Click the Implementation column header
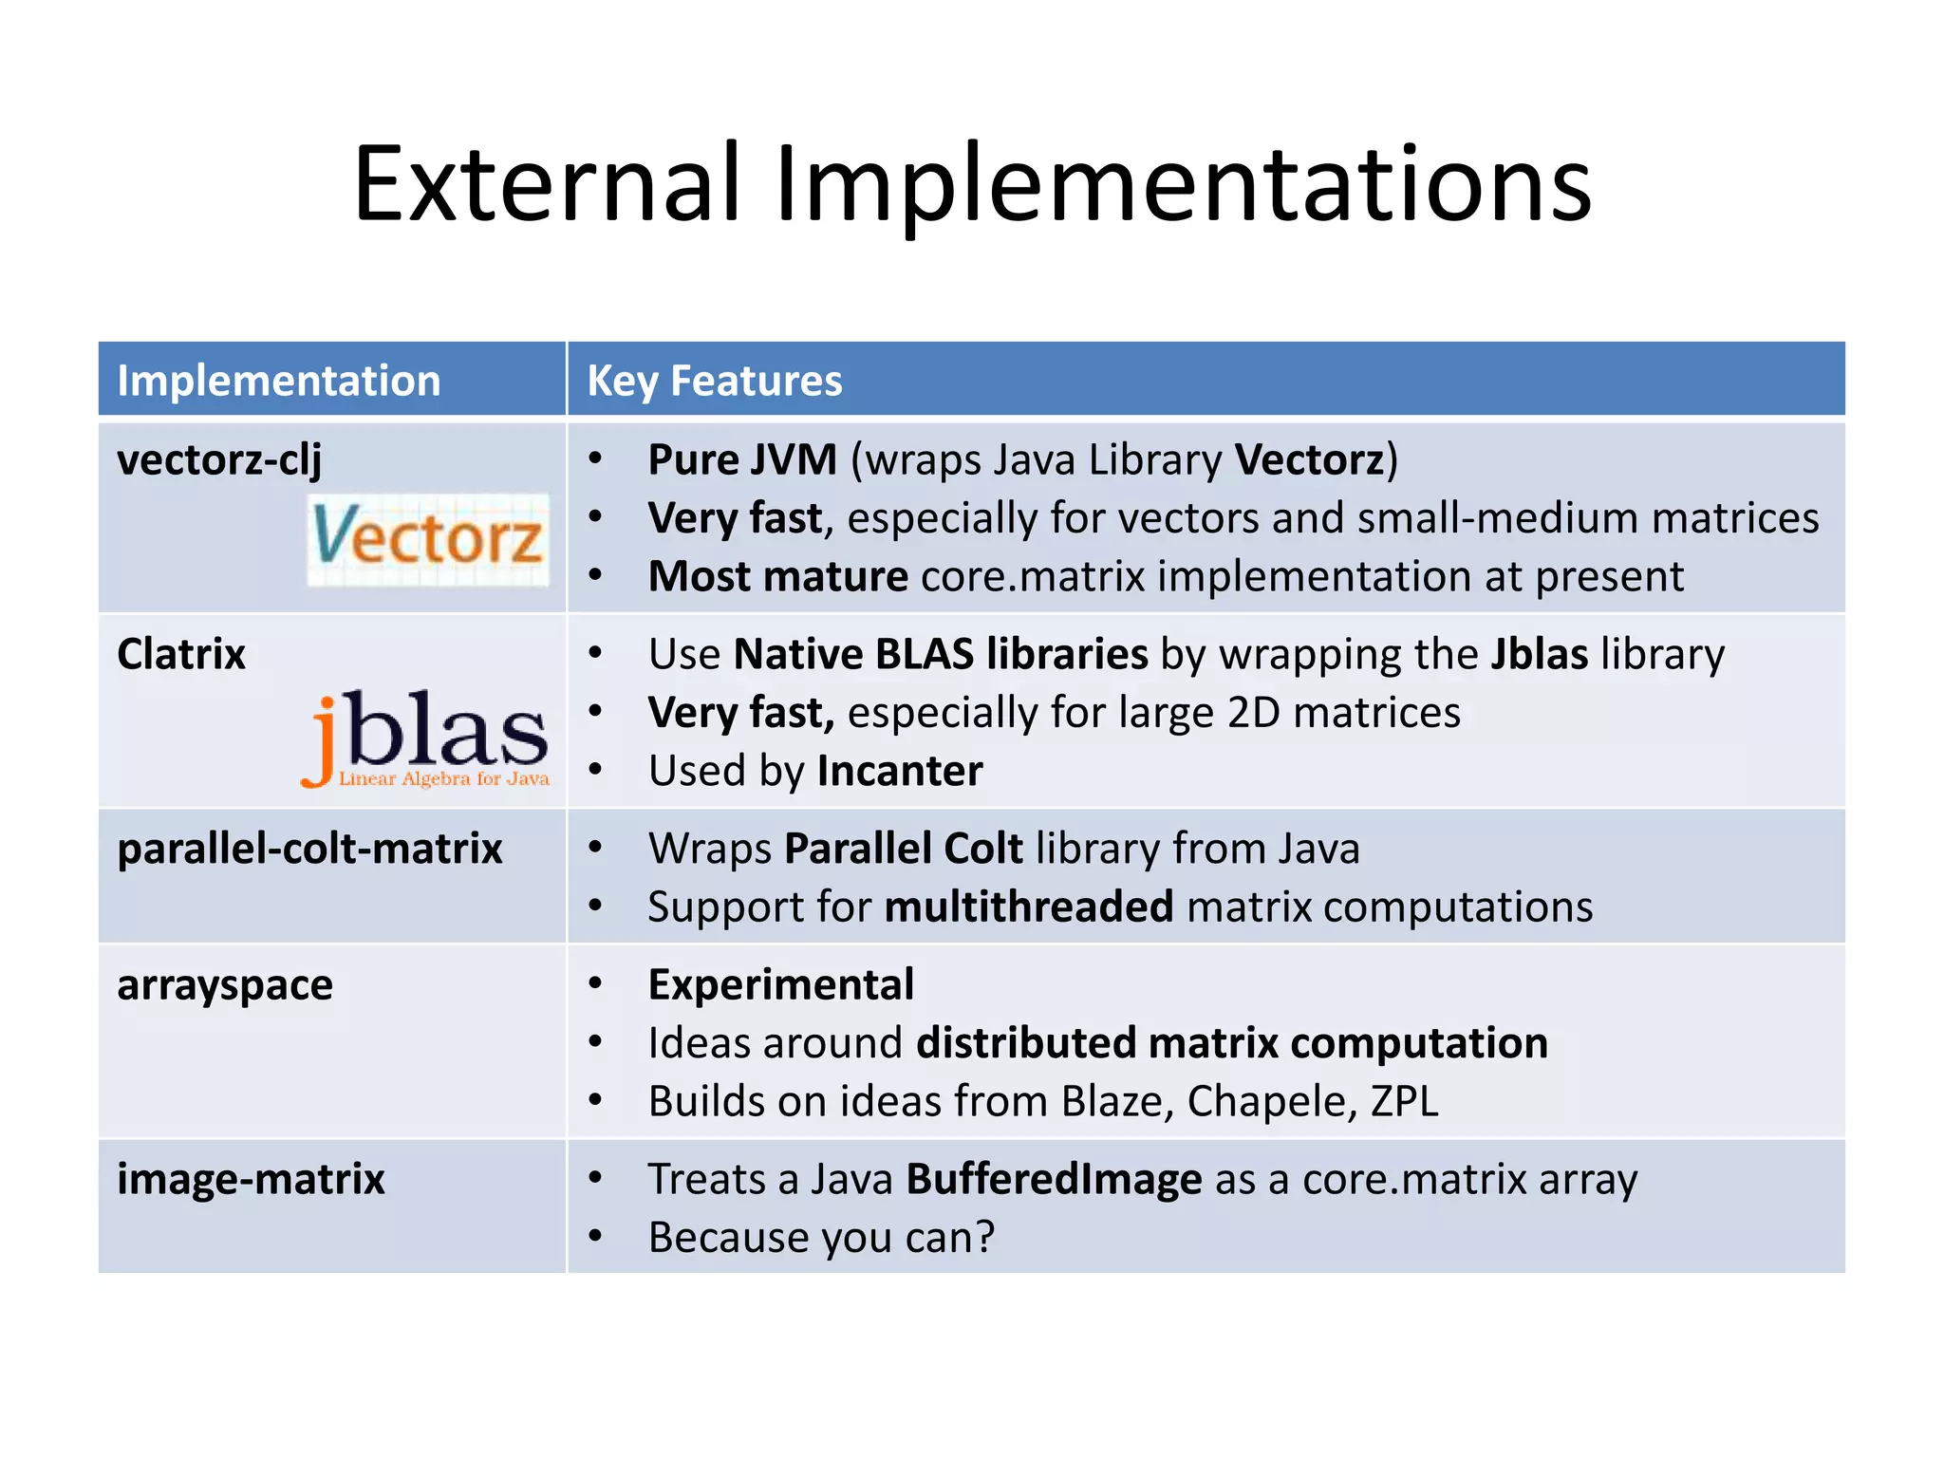point(278,381)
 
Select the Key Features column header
point(714,381)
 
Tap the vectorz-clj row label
point(219,460)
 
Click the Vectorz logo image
point(428,538)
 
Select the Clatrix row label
point(181,654)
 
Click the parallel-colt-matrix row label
point(309,849)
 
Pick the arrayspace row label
point(225,985)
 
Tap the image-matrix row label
point(251,1180)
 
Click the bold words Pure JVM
point(742,460)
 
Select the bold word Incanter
point(900,771)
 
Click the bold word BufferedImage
point(1054,1180)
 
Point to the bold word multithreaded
point(1029,907)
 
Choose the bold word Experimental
point(781,985)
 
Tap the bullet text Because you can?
point(821,1238)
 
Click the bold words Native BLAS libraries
point(941,655)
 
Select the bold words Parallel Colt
point(904,849)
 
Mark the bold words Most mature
point(777,577)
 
